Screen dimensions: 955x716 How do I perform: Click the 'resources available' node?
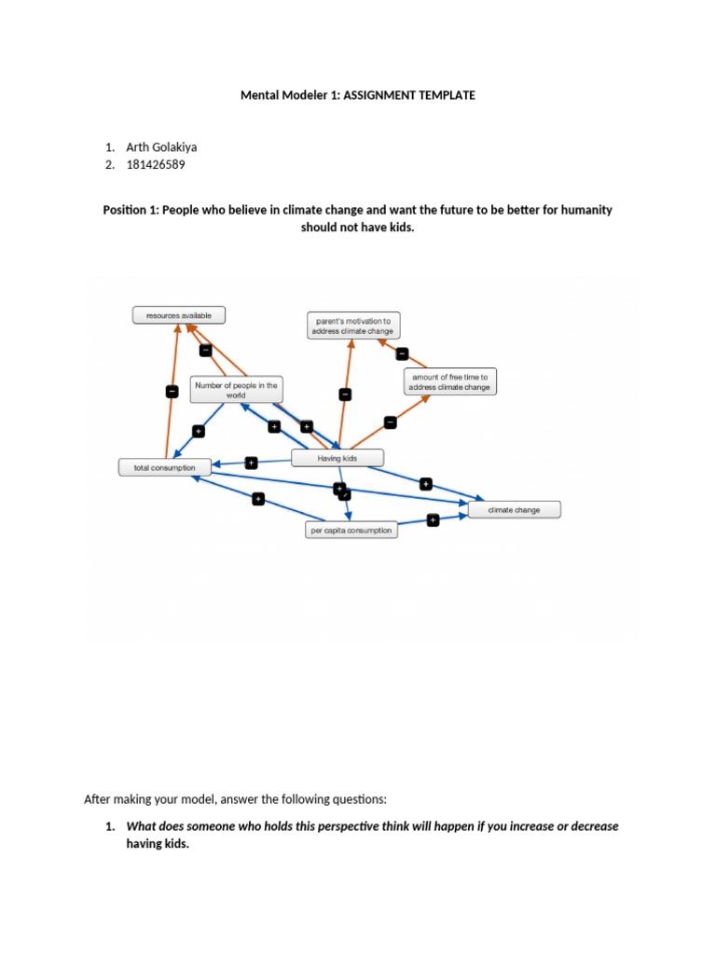[x=178, y=316]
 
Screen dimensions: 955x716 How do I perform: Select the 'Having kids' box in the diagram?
[x=337, y=458]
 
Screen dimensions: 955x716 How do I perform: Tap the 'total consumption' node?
[x=158, y=467]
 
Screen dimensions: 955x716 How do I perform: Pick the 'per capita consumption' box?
[x=351, y=531]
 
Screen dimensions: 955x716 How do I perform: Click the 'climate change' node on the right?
[x=514, y=510]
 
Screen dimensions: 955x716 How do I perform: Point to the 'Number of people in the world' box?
[x=236, y=390]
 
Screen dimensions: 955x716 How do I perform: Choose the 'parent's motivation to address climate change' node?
[x=351, y=325]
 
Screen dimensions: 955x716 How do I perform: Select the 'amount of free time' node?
[x=449, y=382]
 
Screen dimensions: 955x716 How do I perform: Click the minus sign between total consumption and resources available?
[x=172, y=392]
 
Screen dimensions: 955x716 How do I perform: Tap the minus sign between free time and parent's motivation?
[x=403, y=353]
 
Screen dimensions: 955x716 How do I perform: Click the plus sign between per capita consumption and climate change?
[x=434, y=520]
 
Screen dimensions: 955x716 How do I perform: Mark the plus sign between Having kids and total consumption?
[x=251, y=462]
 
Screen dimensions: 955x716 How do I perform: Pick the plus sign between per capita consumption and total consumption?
[x=258, y=500]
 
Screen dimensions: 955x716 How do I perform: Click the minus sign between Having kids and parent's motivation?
[x=346, y=394]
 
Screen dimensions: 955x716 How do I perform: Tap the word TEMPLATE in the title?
[x=447, y=94]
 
